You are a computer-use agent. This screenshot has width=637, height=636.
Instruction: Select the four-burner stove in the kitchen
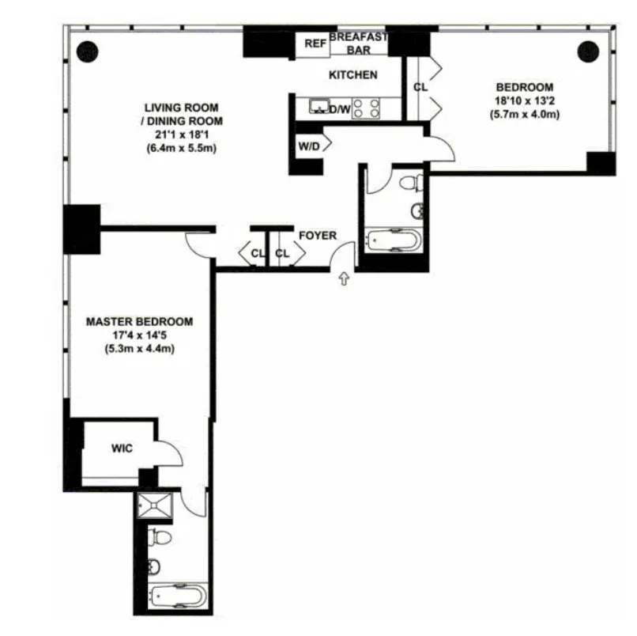[366, 108]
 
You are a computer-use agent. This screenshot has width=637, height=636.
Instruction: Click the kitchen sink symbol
[320, 106]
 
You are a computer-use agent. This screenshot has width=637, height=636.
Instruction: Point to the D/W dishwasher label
[340, 109]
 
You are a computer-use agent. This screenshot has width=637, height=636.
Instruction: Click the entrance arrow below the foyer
[344, 278]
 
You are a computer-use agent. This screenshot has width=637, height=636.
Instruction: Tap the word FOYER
[318, 236]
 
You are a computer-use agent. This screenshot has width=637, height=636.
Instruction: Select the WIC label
[122, 449]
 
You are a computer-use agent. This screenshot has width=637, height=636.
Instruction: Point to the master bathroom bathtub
[171, 594]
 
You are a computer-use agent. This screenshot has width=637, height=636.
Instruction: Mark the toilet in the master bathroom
[162, 539]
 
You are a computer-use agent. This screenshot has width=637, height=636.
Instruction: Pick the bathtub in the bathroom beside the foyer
[392, 240]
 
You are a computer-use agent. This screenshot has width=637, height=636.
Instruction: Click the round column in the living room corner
[86, 51]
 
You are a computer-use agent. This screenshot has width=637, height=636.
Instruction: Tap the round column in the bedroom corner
[587, 51]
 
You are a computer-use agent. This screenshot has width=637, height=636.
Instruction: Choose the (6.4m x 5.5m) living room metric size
[182, 147]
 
